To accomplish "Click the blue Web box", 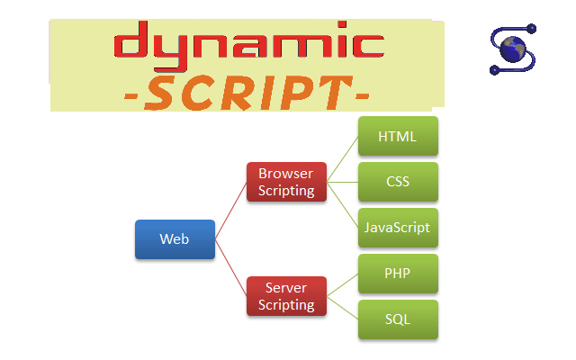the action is point(175,239).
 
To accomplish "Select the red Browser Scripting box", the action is point(286,182).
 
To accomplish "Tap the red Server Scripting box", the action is point(286,296).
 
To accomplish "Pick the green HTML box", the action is point(398,136).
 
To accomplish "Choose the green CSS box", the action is point(398,182).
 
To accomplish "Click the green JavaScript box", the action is point(398,228).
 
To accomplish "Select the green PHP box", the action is point(398,274).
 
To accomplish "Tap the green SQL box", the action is point(398,319).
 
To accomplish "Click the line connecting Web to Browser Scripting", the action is point(231,211).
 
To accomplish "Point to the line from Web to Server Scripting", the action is point(231,268).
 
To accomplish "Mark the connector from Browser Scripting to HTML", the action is point(343,159).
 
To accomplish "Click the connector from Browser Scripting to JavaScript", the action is point(343,205).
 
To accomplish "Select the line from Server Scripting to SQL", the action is point(343,308).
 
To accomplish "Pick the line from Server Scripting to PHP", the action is point(343,285).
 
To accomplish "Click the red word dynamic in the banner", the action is point(249,46).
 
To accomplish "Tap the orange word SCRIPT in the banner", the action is point(248,94).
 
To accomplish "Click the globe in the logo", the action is point(513,49).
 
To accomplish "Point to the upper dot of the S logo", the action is point(531,29).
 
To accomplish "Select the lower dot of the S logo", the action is point(494,70).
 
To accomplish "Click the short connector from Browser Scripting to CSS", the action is point(343,182).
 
